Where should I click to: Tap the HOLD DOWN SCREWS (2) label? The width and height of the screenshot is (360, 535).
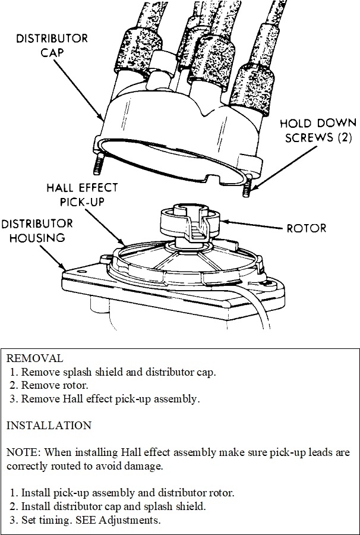(318, 131)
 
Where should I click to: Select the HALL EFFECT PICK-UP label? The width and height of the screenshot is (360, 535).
(83, 194)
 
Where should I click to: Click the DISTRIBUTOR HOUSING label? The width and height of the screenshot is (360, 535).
(37, 231)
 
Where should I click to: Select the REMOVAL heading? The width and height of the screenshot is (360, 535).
(34, 358)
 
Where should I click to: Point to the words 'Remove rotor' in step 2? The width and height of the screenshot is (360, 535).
(54, 385)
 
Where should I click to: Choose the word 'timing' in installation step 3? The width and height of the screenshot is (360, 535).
(56, 520)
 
